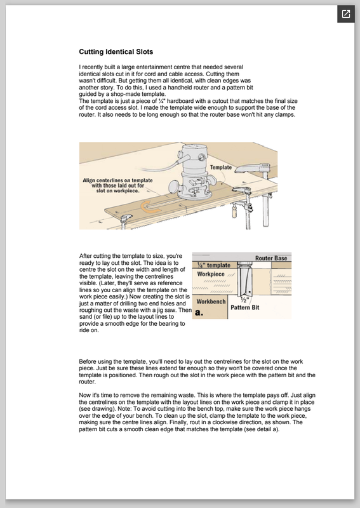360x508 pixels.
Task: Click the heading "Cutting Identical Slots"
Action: point(116,52)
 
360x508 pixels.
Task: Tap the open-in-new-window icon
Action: point(346,14)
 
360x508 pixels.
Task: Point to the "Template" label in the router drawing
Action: point(221,167)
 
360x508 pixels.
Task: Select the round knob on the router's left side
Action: point(175,187)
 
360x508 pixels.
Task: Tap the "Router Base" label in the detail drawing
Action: point(271,258)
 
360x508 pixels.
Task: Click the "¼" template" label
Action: point(214,265)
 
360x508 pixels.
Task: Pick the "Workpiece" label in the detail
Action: point(211,274)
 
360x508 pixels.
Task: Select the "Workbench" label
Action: point(211,302)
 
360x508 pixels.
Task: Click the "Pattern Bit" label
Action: point(244,307)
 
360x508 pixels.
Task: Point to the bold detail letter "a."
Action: point(199,312)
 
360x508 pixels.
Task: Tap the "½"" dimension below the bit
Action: point(246,300)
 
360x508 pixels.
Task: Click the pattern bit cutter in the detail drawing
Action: point(244,279)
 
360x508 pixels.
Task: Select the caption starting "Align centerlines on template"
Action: point(117,185)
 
